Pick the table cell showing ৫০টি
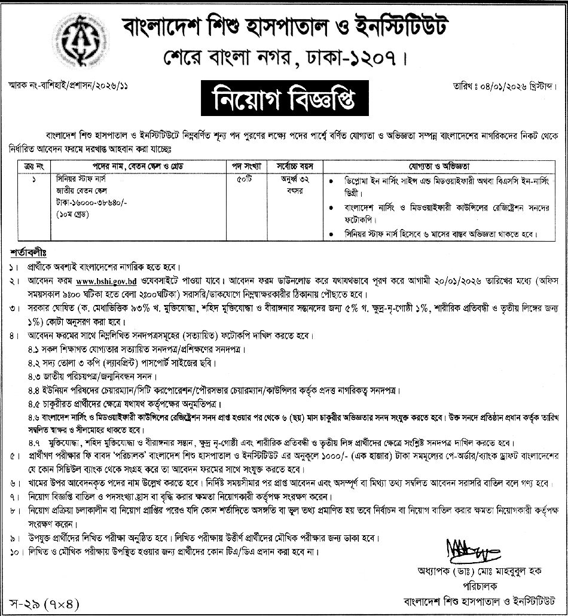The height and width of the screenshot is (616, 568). click(x=244, y=178)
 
